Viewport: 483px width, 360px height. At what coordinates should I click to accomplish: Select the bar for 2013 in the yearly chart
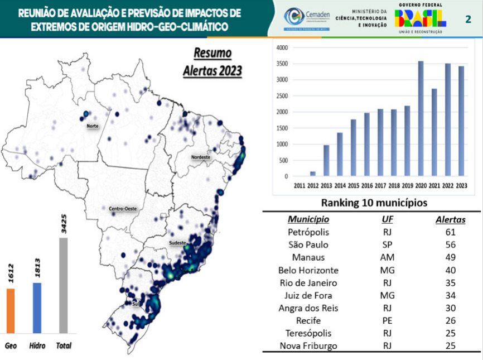tap(327, 161)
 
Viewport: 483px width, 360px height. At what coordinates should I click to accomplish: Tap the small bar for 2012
tap(313, 174)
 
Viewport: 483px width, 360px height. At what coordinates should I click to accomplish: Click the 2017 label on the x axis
tap(380, 185)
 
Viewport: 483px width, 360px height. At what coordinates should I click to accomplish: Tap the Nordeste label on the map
tap(201, 157)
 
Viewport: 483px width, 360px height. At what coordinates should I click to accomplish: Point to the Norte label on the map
tap(93, 126)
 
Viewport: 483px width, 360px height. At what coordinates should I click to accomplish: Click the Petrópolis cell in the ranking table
tap(308, 232)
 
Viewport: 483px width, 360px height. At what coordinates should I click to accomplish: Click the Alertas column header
tap(450, 219)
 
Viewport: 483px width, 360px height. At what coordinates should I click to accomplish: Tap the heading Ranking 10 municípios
tap(371, 202)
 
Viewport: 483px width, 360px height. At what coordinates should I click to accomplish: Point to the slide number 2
tap(468, 20)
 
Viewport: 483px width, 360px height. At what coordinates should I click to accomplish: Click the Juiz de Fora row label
tap(308, 295)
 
